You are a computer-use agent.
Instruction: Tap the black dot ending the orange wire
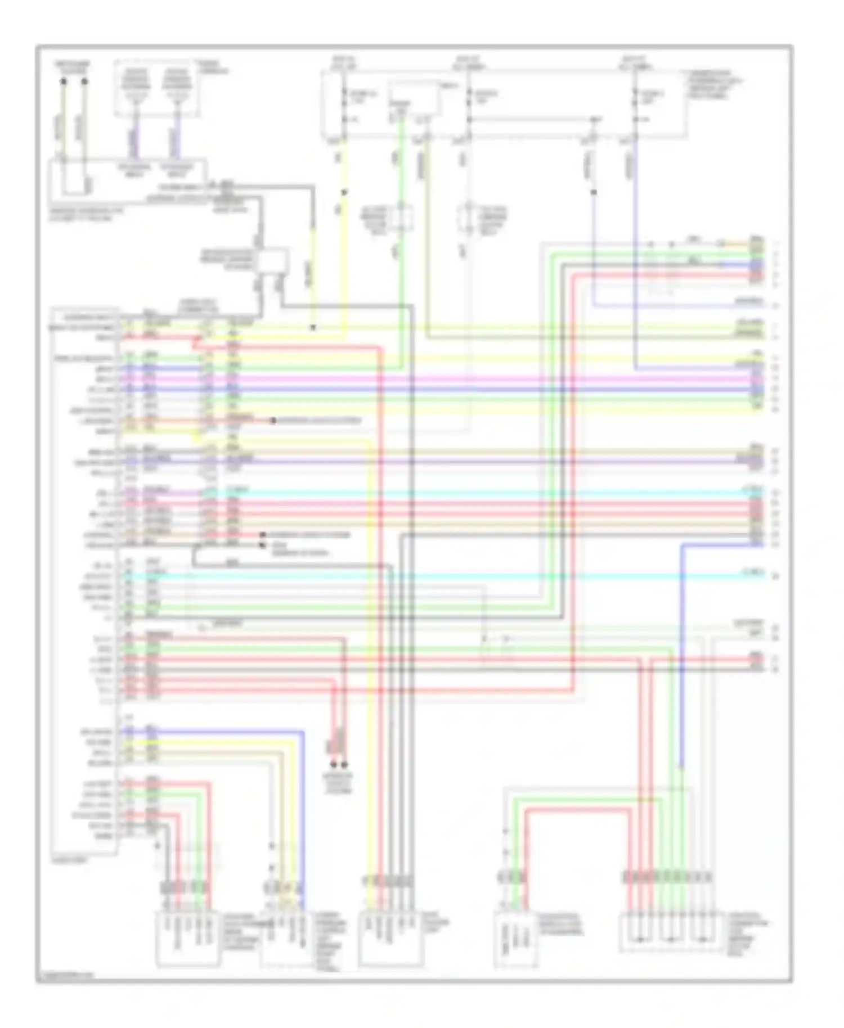[x=273, y=421]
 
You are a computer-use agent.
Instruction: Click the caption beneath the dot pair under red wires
[x=338, y=783]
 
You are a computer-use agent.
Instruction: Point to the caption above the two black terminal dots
[x=73, y=67]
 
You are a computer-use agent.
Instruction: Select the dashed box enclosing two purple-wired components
[x=157, y=89]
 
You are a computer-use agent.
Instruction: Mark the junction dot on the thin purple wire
[x=594, y=192]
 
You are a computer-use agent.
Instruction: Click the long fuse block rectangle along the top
[x=504, y=104]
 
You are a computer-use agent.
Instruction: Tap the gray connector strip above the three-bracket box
[x=667, y=877]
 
